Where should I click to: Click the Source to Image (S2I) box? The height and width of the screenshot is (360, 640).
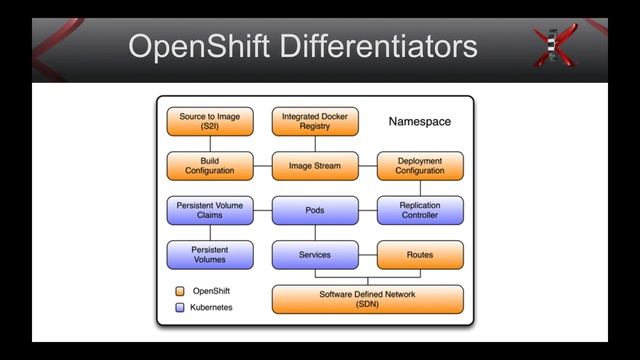[x=210, y=122]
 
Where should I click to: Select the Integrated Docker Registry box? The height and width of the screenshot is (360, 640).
[x=315, y=122]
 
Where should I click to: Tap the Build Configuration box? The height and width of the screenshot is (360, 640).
[x=210, y=166]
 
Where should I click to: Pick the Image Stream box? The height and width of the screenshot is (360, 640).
[x=315, y=166]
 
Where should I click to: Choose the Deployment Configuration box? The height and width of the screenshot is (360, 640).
[x=420, y=166]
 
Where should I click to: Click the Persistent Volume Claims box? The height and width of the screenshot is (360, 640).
[x=210, y=211]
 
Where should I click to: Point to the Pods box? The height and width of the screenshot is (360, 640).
[x=315, y=211]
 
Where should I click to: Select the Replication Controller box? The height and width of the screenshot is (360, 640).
[x=420, y=211]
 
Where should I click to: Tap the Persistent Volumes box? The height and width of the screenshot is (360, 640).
[x=210, y=255]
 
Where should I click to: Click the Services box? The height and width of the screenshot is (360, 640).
[x=315, y=255]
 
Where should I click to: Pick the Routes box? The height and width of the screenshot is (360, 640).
[x=420, y=255]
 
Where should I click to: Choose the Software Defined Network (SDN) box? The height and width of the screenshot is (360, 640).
[x=367, y=299]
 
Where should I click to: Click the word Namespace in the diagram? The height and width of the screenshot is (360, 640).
[x=419, y=122]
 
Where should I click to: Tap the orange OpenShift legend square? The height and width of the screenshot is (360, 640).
[x=179, y=291]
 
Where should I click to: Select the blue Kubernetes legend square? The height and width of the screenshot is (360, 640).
[x=179, y=307]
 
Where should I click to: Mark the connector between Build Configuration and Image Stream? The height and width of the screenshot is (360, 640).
[x=263, y=166]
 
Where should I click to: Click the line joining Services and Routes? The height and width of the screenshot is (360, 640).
[x=367, y=255]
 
